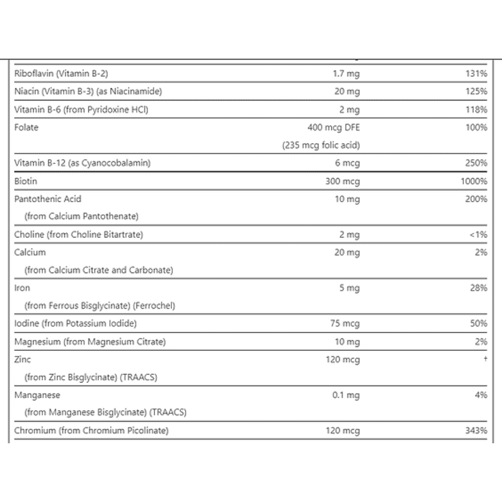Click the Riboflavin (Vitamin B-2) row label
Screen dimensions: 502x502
point(61,74)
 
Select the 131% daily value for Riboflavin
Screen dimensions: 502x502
point(476,74)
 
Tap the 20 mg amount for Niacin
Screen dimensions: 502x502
point(347,91)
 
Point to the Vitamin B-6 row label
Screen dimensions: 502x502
point(81,109)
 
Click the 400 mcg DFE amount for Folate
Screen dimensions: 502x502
point(333,128)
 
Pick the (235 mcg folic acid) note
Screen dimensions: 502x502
point(321,146)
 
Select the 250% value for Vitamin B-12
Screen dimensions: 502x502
point(476,163)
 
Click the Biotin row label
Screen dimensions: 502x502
point(26,181)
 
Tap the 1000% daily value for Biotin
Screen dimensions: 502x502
point(474,181)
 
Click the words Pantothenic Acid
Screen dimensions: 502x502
point(48,199)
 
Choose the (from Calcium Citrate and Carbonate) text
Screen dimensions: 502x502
point(99,270)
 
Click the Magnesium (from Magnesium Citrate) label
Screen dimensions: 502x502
point(90,342)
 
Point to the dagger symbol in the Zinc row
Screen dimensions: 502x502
point(485,359)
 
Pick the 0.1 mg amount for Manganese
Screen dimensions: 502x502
point(346,395)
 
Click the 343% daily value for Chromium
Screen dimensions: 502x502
point(476,431)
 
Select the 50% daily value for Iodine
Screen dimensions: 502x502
point(478,324)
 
